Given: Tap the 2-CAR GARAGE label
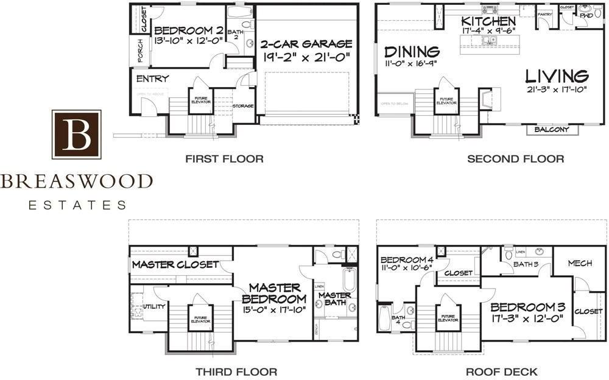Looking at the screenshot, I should point(306,44).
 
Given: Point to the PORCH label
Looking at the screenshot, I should point(140,51).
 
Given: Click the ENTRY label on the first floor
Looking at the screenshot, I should point(152,79).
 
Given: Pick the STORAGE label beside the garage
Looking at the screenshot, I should point(243,107).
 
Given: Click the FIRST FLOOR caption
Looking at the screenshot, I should point(224,159).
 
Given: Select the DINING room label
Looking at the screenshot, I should point(412,51).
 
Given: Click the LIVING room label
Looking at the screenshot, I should point(557,76).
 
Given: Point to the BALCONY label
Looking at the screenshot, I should point(552,130).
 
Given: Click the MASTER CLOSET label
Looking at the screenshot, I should point(175,264).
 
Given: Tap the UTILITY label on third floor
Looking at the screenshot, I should point(153,306).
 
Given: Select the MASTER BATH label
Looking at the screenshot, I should point(334,299).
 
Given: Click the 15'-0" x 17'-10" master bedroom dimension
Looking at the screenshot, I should point(273,311).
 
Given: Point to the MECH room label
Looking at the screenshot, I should point(580,263).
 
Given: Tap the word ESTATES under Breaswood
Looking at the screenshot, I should point(77,205).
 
